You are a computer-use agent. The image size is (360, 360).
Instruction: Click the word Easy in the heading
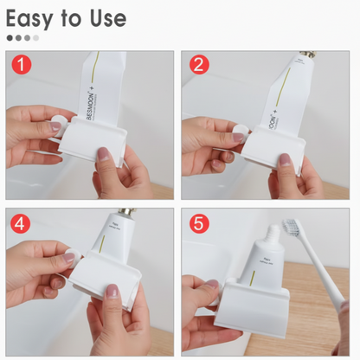35,17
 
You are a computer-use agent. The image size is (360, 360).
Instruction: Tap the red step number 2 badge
199,66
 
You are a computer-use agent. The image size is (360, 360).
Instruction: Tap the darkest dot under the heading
10,38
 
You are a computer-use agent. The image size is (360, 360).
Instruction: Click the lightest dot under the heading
35,38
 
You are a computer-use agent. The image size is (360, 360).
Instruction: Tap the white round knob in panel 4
71,256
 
